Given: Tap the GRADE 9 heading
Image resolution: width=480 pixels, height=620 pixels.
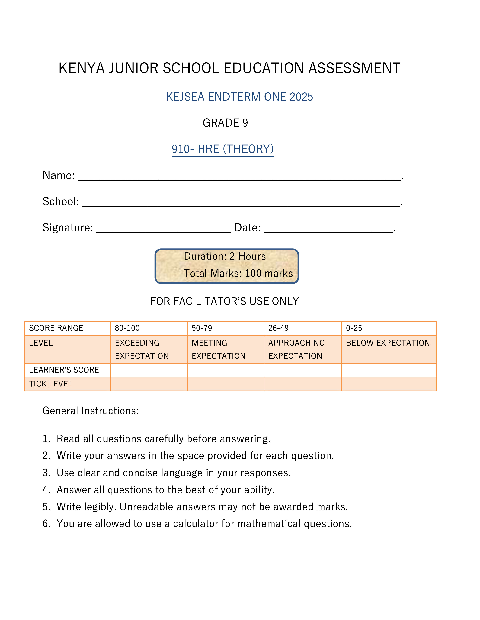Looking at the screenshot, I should pyautogui.click(x=225, y=123).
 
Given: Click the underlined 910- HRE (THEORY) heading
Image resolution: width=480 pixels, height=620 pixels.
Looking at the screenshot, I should pyautogui.click(x=223, y=149).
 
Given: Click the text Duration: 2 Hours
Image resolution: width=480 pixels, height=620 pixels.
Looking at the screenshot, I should pyautogui.click(x=225, y=256).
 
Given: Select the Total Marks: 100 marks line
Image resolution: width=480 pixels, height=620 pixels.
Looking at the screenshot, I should pyautogui.click(x=238, y=273).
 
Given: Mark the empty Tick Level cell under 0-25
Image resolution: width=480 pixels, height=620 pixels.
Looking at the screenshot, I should pyautogui.click(x=389, y=384).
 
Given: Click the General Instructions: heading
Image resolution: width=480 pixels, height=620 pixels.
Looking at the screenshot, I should pyautogui.click(x=90, y=411).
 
